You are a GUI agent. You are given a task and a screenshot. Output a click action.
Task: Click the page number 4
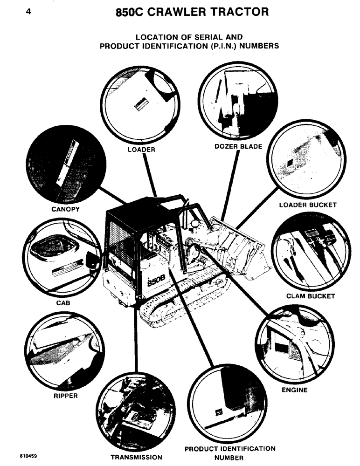[28, 13]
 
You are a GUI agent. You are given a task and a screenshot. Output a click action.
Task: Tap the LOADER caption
[141, 150]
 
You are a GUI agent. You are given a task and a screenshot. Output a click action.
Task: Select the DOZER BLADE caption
[238, 146]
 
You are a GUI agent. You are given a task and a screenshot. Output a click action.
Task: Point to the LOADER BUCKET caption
[307, 205]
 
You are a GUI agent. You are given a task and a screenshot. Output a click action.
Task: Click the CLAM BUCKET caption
[311, 296]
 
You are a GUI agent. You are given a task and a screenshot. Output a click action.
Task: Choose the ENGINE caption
[294, 390]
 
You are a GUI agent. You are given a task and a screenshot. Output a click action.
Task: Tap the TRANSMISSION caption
[136, 457]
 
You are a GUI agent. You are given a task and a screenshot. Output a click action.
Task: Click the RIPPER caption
[65, 397]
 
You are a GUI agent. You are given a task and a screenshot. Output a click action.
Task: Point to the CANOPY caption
[65, 209]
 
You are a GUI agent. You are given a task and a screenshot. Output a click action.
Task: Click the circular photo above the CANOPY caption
[62, 163]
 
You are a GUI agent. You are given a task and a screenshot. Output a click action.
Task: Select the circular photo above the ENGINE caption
[295, 343]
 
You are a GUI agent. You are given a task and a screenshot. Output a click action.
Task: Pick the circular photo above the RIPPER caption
[64, 350]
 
